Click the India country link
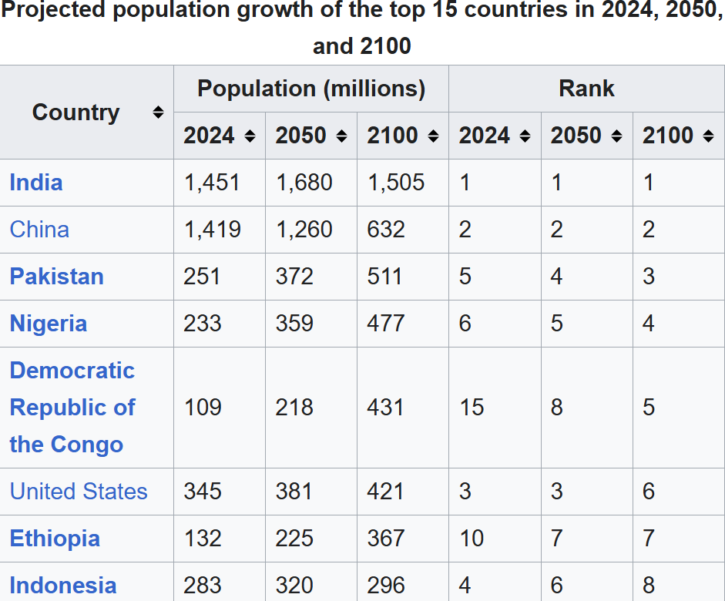[36, 183]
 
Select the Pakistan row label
[56, 277]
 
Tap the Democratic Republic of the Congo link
[72, 408]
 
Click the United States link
[79, 492]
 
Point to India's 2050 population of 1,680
[304, 183]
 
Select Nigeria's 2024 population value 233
[203, 324]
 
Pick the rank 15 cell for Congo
[472, 408]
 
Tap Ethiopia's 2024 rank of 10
[472, 539]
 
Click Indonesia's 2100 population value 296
[386, 586]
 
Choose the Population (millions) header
[311, 89]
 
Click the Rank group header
[586, 89]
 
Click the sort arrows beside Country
[158, 112]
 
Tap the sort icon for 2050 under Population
[341, 136]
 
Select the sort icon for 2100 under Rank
[709, 136]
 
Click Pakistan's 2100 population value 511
[384, 277]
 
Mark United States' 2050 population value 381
[294, 492]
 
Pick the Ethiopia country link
[55, 539]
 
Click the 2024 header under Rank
[485, 136]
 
